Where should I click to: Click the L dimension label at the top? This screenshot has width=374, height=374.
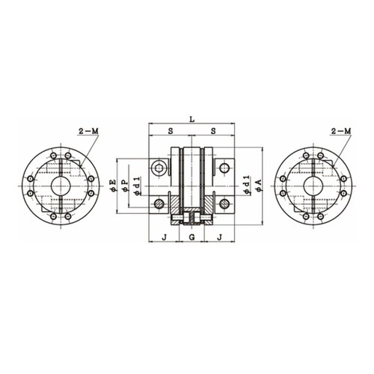click(191, 120)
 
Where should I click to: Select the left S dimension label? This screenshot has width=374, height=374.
click(171, 131)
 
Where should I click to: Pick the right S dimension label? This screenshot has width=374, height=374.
click(213, 131)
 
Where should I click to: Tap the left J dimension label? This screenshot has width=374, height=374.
click(164, 237)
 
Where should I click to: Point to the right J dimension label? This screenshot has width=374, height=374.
click(219, 237)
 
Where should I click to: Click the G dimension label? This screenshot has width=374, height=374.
click(191, 237)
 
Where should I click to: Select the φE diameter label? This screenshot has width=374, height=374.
click(113, 186)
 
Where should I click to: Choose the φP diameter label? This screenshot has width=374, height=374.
click(125, 186)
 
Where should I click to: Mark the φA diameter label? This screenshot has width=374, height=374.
click(259, 185)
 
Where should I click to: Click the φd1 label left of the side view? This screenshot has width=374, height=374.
click(136, 185)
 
